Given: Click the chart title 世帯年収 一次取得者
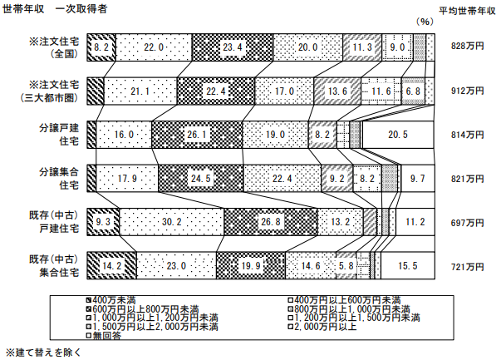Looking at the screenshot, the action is (x=55, y=8).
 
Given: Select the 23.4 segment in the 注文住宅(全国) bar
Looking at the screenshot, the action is (x=233, y=47).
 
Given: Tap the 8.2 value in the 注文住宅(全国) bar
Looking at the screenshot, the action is (x=101, y=47).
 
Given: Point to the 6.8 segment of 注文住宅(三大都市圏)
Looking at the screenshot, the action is (x=413, y=91).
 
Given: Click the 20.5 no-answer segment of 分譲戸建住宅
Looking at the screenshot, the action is (x=398, y=135).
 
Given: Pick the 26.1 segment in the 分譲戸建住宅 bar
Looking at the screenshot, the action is (x=197, y=135).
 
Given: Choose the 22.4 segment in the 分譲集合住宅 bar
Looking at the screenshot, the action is (x=282, y=179).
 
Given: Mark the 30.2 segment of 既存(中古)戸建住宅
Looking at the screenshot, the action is (x=172, y=222).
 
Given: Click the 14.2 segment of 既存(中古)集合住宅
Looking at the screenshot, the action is (x=112, y=266).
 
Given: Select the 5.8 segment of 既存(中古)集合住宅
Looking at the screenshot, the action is (x=346, y=266).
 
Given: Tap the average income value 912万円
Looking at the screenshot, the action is (x=467, y=91).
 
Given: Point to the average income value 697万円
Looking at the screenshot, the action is (x=467, y=223).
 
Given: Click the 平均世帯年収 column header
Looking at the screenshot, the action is (x=467, y=11).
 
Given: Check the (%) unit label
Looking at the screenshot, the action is (x=425, y=22).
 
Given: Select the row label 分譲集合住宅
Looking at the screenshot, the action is (x=59, y=179).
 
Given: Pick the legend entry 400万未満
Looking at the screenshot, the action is (x=111, y=300).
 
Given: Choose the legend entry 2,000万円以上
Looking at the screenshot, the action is (x=322, y=327).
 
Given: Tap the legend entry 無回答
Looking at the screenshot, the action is (x=104, y=335).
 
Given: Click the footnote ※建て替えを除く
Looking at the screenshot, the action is (x=43, y=353).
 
